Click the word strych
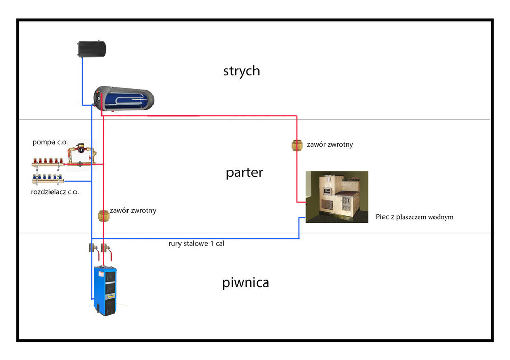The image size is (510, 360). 242,71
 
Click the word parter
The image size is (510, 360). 244,173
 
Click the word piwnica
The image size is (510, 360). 245,282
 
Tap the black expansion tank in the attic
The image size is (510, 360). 92,48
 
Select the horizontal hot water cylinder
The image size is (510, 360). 124,99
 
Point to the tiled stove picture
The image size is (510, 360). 337,197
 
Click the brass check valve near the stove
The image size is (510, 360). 296,145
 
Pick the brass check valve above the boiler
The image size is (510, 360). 103,215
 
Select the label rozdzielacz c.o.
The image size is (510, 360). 55,192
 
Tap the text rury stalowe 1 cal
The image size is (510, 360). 196,244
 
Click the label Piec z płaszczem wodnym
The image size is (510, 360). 414,217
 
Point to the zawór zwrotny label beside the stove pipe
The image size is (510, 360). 329,145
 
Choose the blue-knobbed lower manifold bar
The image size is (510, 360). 47,179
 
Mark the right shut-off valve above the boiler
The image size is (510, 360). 107,249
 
